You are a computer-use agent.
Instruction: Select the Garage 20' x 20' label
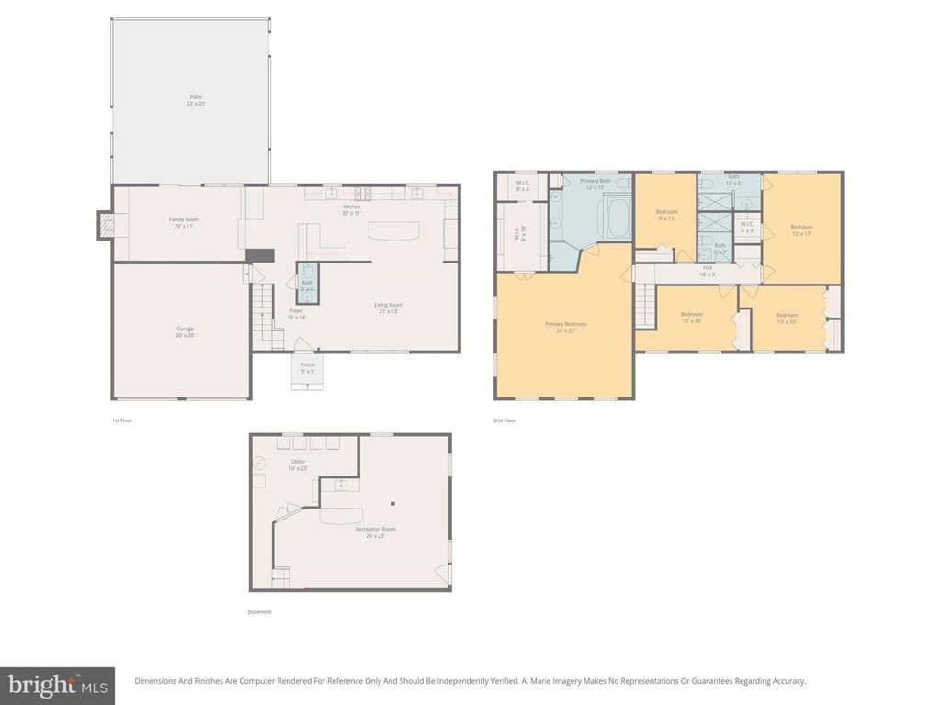coord(185,331)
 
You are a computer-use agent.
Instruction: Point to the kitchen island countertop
coord(393,229)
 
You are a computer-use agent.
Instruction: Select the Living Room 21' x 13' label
coord(388,308)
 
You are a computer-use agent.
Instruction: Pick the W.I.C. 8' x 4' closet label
coord(522,186)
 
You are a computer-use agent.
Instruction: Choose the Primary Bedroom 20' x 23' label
coord(565,327)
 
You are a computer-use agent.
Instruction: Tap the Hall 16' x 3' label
coord(708,271)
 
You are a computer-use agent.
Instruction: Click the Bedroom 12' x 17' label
coord(801,229)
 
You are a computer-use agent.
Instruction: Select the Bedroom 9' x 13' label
coord(665,216)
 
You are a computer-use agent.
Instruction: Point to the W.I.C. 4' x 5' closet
coord(747,227)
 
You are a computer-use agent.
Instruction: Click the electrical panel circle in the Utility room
coord(259,464)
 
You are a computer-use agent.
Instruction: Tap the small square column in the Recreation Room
coord(392,502)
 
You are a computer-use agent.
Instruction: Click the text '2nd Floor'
coord(505,420)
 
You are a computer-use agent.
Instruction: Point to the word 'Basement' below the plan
coord(260,612)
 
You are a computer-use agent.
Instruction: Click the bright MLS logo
coord(57,684)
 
